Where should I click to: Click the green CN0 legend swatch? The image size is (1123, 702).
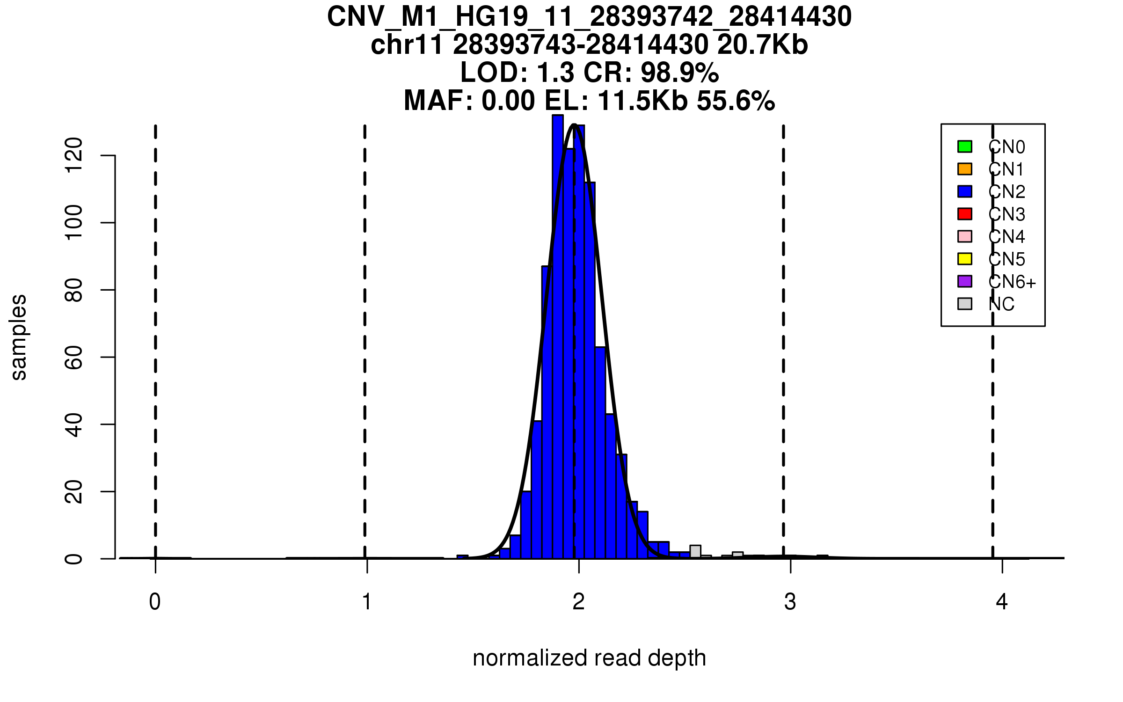click(965, 146)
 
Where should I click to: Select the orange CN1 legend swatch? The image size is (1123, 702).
click(965, 169)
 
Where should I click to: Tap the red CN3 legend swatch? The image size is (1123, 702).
click(965, 214)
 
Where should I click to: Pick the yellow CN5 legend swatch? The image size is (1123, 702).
click(965, 259)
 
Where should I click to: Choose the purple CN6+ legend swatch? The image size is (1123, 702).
click(965, 281)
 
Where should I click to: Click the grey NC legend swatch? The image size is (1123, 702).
click(965, 304)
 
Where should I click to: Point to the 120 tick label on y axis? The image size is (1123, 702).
click(74, 155)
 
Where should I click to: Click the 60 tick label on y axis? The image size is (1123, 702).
click(74, 357)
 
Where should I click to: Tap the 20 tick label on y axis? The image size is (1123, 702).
click(74, 491)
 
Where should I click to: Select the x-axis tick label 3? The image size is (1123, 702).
click(790, 602)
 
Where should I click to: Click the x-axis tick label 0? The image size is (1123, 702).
click(155, 602)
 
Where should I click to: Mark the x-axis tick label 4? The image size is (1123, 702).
click(1002, 602)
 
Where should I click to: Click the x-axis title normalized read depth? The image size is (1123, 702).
click(589, 658)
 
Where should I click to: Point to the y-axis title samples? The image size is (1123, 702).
click(19, 337)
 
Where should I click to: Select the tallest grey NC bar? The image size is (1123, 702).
click(695, 551)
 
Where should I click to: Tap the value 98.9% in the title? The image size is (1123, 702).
click(679, 73)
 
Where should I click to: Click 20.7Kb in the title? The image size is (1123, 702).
click(762, 45)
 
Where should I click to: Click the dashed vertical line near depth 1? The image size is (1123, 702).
click(365, 328)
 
